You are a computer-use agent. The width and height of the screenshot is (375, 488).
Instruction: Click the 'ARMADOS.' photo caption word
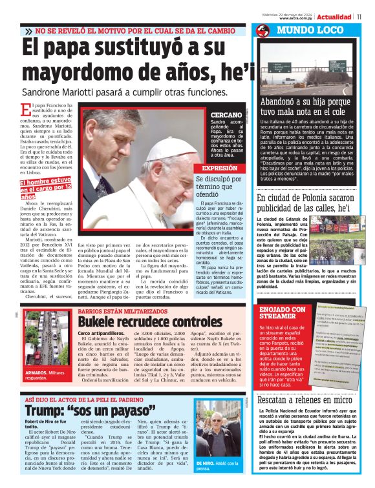(36, 373)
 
